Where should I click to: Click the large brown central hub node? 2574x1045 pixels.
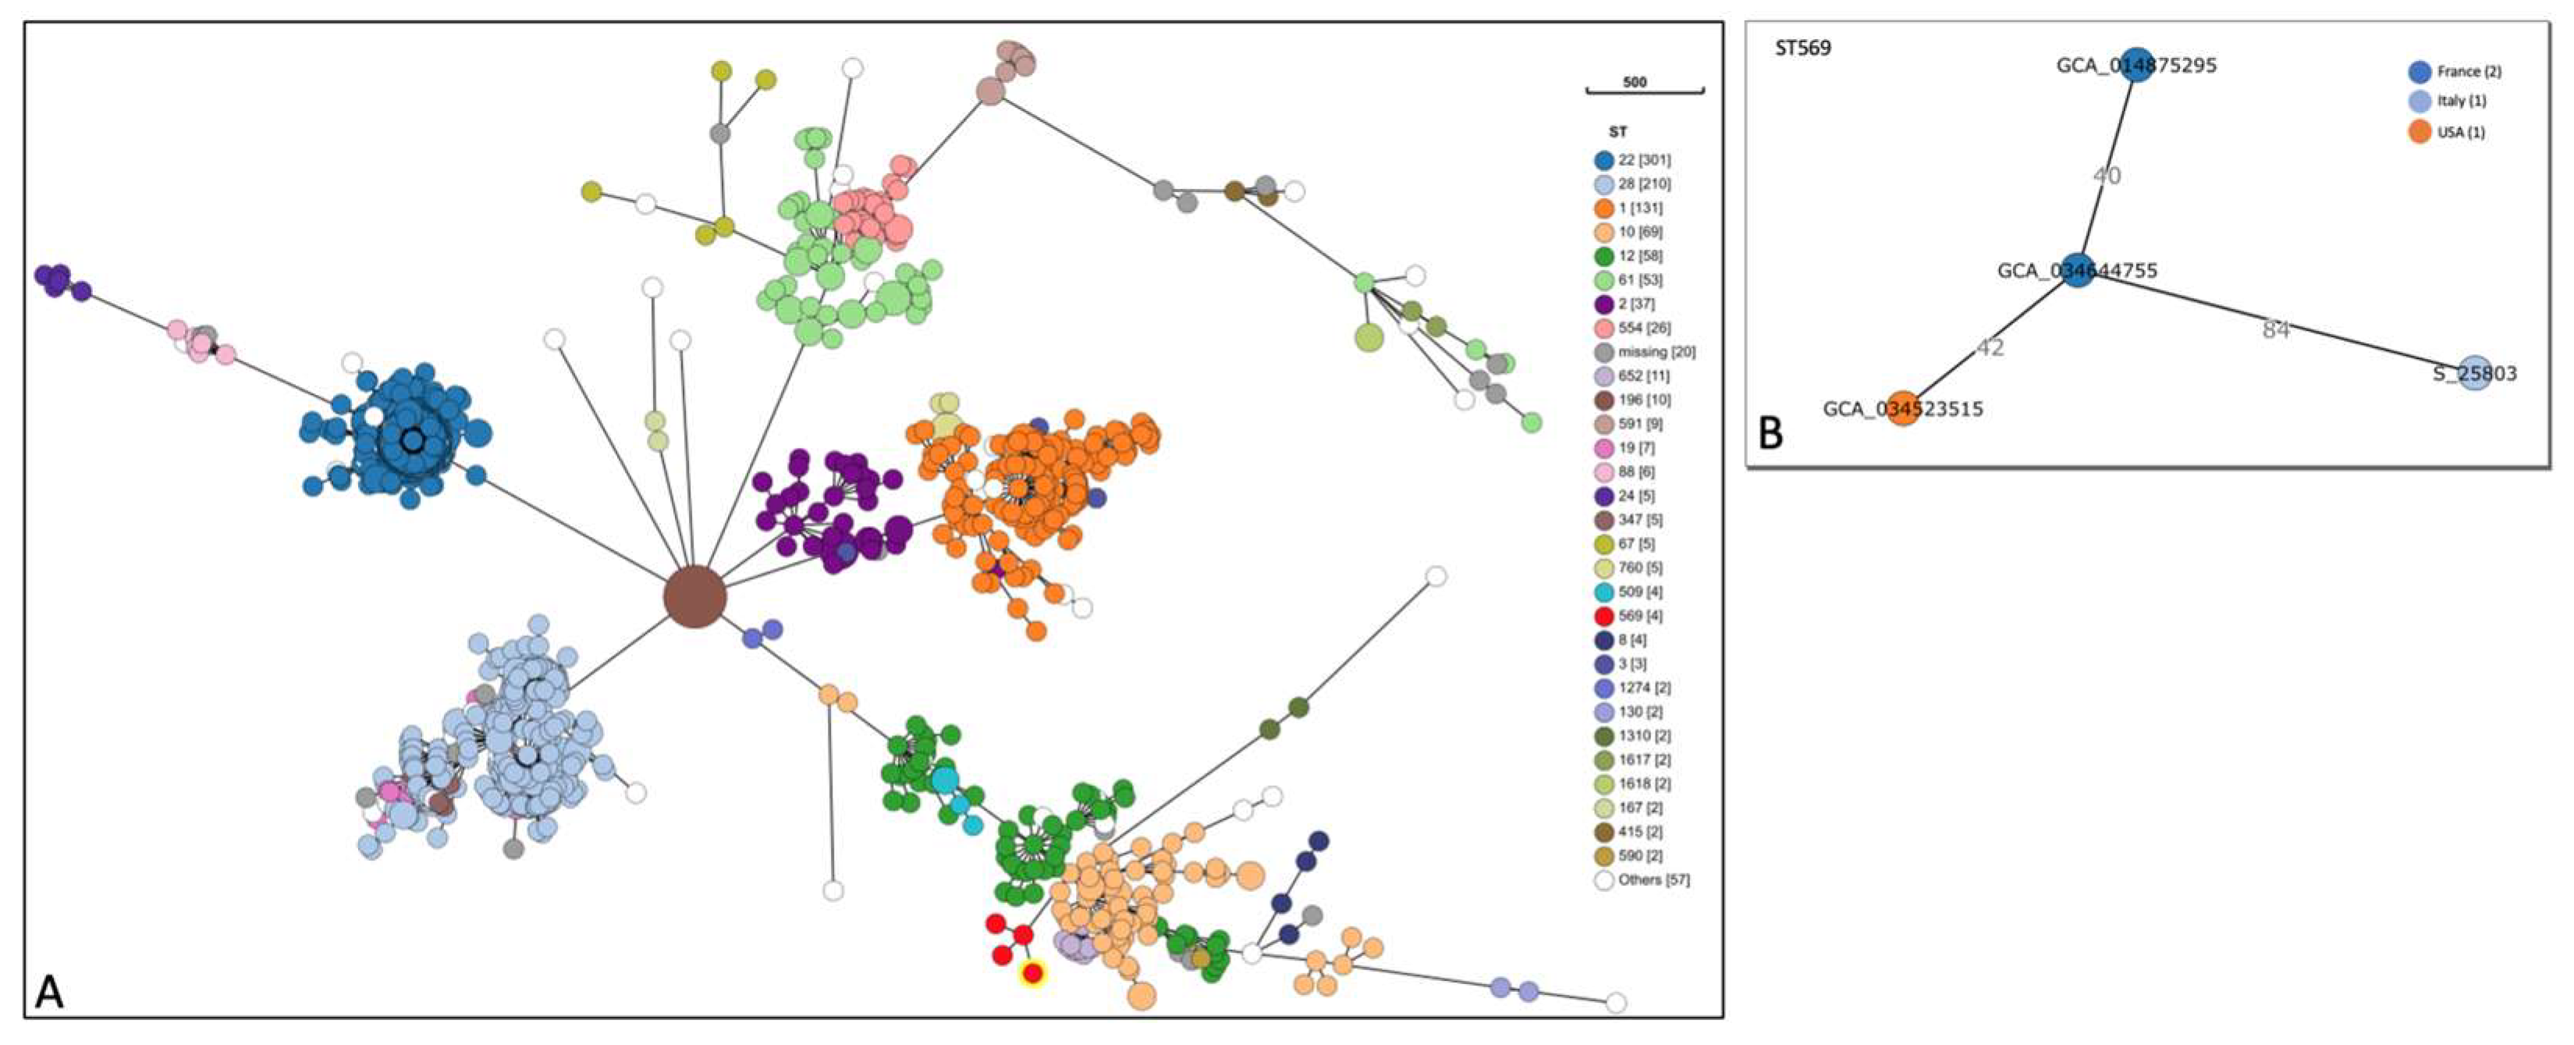694,598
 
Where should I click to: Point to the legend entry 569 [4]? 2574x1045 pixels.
1628,616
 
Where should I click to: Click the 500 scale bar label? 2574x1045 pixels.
1635,82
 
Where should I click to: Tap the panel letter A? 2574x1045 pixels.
49,993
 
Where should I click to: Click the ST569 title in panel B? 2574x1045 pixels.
1802,48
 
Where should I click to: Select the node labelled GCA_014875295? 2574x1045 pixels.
2136,65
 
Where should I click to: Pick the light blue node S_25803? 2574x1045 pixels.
2474,374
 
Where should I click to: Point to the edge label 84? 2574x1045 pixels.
2275,329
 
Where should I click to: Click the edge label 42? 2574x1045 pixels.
1990,347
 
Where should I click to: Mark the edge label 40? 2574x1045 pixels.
2107,176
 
